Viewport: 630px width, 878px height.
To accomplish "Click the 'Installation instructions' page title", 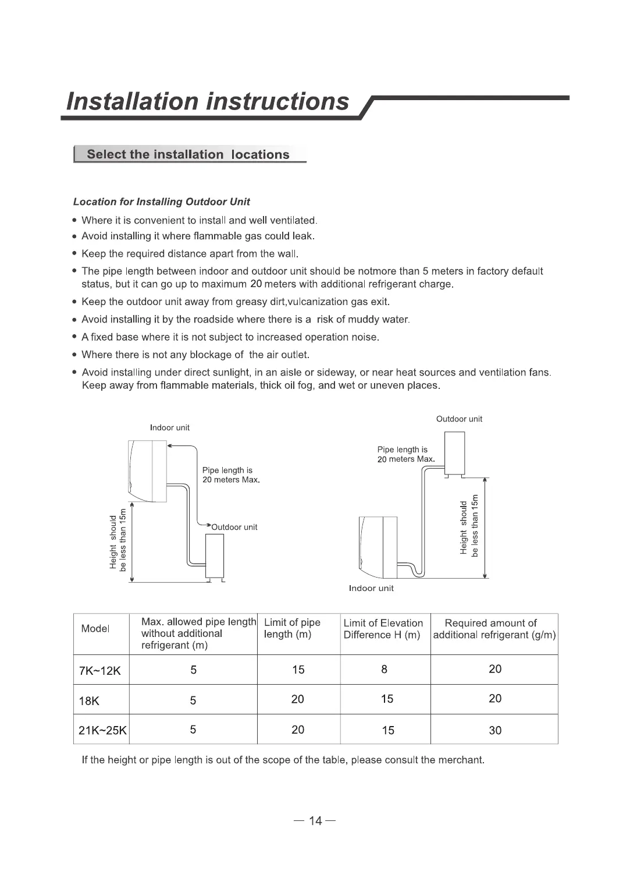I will (208, 101).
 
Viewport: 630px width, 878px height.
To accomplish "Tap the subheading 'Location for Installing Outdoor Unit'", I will (161, 202).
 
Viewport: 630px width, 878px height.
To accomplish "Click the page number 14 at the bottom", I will (315, 821).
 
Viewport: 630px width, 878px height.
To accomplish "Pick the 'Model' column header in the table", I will (95, 629).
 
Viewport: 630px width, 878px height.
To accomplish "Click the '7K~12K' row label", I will (99, 671).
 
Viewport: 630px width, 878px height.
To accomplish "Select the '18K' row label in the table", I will (89, 701).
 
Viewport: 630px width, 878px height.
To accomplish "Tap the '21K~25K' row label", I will (102, 731).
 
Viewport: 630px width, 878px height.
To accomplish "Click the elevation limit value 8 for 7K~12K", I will (384, 670).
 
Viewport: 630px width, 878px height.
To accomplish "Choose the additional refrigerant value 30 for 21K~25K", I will (495, 731).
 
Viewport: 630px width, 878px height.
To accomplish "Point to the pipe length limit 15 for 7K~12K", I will (298, 670).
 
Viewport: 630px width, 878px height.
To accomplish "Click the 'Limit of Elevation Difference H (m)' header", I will (383, 629).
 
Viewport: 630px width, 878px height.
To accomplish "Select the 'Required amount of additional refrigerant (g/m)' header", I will (494, 629).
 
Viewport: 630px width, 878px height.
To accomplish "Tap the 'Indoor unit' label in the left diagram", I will (170, 428).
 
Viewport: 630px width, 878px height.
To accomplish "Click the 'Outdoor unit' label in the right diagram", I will (459, 419).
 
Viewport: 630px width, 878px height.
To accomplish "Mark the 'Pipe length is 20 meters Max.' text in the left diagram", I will (230, 475).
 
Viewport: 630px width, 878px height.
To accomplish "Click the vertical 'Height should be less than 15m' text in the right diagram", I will (469, 526).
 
